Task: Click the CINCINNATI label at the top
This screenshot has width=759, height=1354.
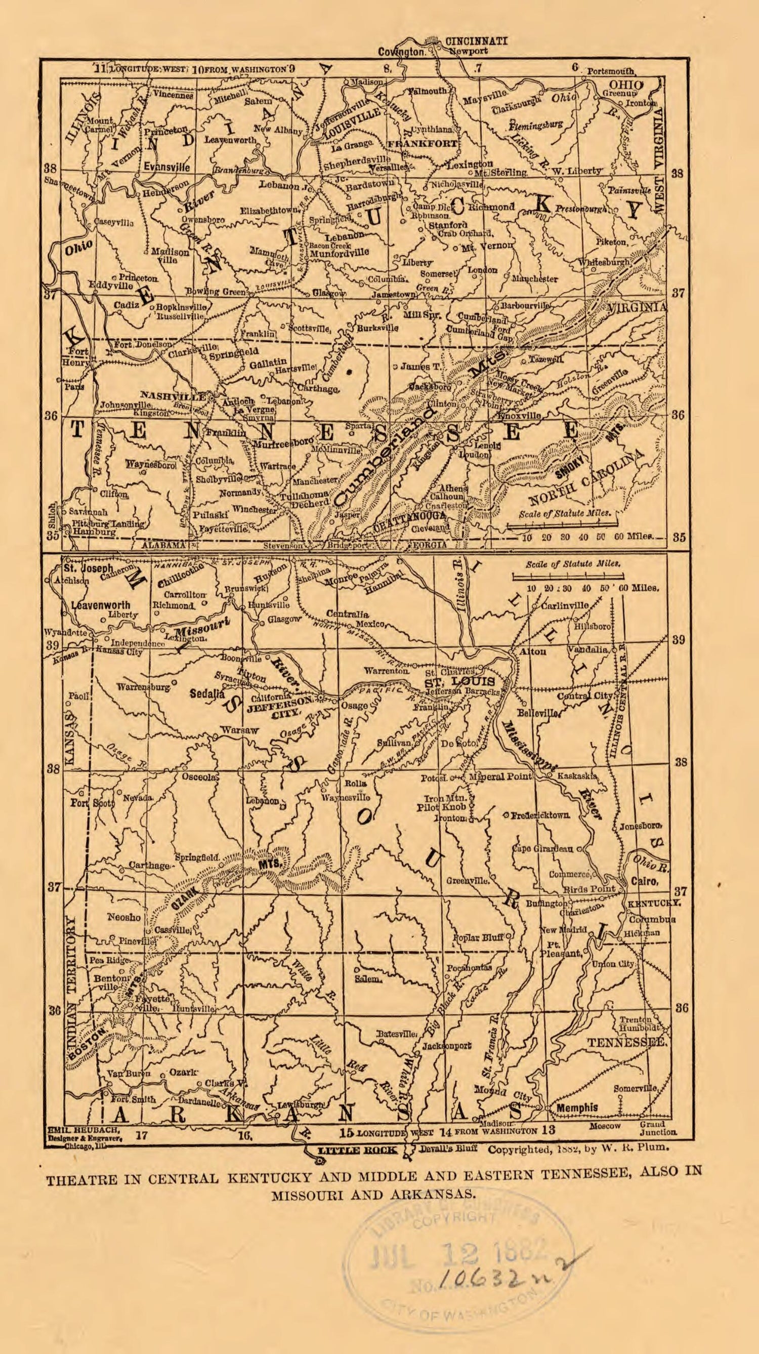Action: point(476,41)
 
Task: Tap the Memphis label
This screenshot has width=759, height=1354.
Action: point(577,1107)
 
